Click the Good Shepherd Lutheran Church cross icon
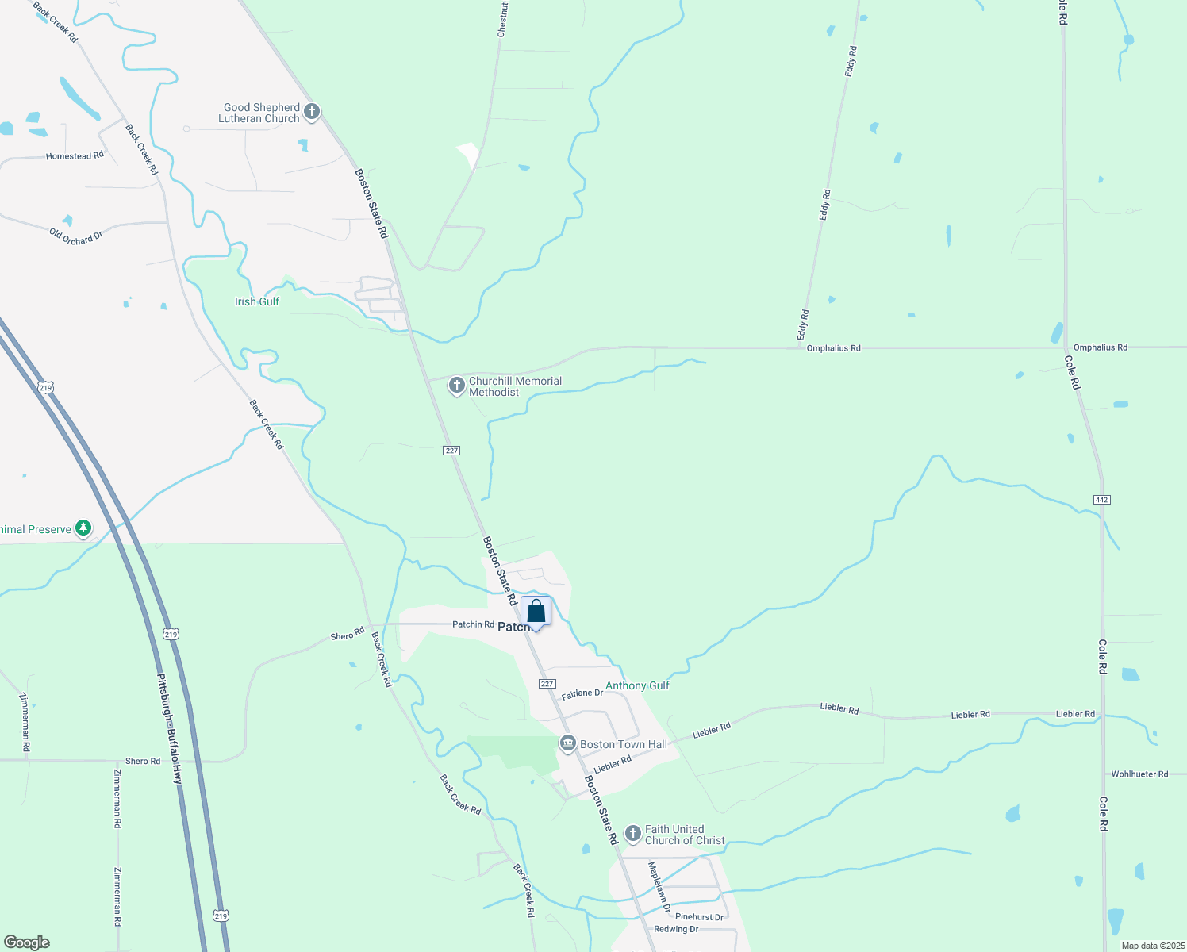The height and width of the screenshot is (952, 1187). (312, 112)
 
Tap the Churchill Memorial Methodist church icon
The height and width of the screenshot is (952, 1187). (456, 386)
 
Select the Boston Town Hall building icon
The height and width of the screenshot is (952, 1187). (567, 744)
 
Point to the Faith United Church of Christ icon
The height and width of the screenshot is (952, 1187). (632, 834)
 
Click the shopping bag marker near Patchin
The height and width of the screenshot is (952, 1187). (536, 612)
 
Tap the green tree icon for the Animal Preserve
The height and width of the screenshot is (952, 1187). (83, 528)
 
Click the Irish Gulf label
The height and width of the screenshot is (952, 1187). (257, 301)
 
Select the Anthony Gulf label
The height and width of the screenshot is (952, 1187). (637, 685)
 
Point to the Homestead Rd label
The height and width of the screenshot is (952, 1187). (75, 156)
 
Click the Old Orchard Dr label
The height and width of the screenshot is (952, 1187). (76, 236)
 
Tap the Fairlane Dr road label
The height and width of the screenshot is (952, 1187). (582, 693)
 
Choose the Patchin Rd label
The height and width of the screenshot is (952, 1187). (473, 624)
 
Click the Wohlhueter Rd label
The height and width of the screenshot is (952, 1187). (1139, 773)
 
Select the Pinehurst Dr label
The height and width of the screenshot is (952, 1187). (699, 917)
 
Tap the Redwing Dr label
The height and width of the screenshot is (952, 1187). (676, 929)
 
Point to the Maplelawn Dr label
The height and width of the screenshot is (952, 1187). (659, 886)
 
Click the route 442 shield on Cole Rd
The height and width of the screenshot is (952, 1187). (1101, 500)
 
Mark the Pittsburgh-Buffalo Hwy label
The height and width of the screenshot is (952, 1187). (169, 729)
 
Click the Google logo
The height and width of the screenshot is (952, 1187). (27, 942)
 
